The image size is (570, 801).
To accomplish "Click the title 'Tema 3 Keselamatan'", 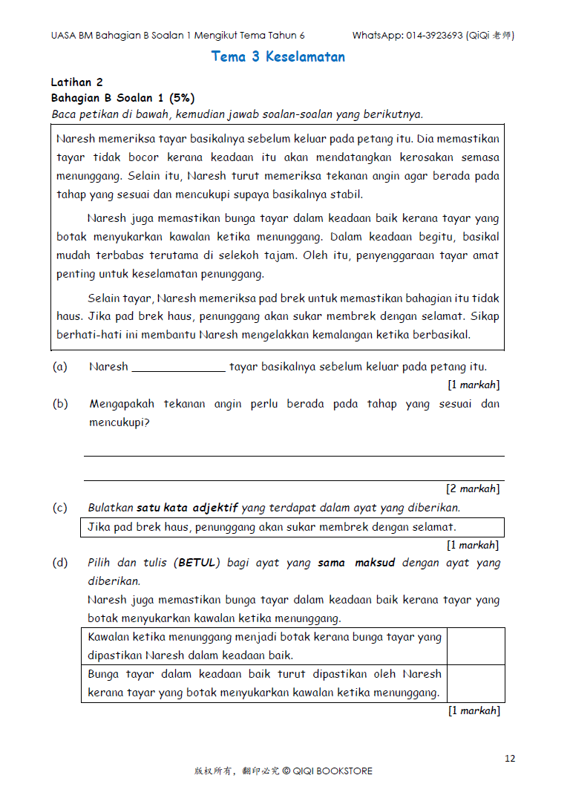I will pyautogui.click(x=278, y=56).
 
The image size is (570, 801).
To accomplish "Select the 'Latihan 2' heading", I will pyautogui.click(x=76, y=82).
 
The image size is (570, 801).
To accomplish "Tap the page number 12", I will pyautogui.click(x=509, y=758).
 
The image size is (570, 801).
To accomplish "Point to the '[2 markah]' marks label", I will pyautogui.click(x=473, y=488).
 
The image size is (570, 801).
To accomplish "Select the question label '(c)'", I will pyautogui.click(x=59, y=508).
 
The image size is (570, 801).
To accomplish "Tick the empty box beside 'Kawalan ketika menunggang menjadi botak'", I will pyautogui.click(x=475, y=646).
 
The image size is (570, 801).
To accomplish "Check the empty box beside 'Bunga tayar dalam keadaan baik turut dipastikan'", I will pyautogui.click(x=475, y=683).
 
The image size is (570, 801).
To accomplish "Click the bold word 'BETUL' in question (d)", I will pyautogui.click(x=198, y=563).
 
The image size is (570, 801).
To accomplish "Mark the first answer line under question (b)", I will pyautogui.click(x=294, y=455).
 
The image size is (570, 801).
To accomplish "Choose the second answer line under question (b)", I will pyautogui.click(x=294, y=480).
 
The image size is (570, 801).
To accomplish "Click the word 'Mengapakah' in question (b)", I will pyautogui.click(x=122, y=404).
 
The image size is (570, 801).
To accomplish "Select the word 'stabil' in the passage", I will pyautogui.click(x=347, y=194).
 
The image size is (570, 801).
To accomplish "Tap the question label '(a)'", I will pyautogui.click(x=59, y=367).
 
